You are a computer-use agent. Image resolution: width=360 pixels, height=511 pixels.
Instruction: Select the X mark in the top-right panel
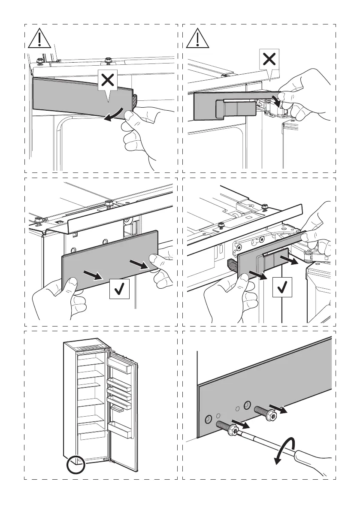coord(269,59)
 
